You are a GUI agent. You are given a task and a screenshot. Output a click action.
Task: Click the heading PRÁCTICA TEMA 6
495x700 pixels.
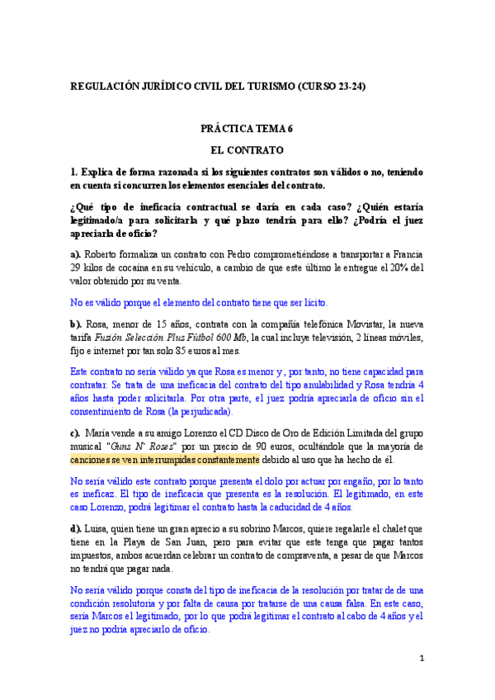pyautogui.click(x=247, y=129)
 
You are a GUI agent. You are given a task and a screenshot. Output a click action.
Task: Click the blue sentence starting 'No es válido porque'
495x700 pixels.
pyautogui.click(x=199, y=303)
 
